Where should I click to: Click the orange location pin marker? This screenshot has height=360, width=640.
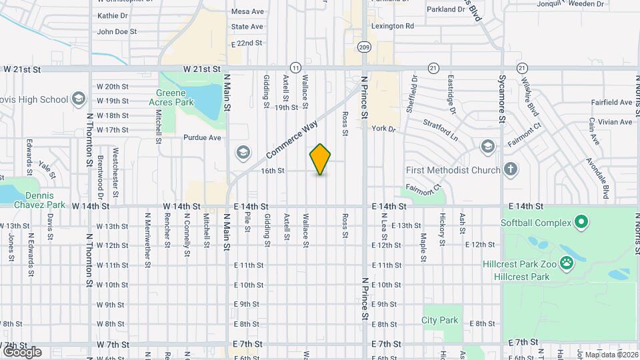[x=321, y=159]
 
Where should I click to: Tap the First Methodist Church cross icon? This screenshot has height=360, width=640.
[x=511, y=170]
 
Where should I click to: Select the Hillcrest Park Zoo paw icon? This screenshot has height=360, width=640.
[x=567, y=263]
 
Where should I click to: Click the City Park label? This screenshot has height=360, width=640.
[x=440, y=320]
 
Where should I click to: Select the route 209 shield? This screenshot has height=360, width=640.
[x=363, y=47]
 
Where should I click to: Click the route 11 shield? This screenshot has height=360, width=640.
[x=295, y=67]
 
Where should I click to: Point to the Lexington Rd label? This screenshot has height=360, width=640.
[x=393, y=26]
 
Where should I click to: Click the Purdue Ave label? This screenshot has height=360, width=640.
[x=202, y=138]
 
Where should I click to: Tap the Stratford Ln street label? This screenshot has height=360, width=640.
[x=441, y=129]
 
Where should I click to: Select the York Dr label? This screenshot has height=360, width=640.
[x=384, y=128]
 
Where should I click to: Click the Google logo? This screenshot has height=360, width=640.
[x=23, y=351]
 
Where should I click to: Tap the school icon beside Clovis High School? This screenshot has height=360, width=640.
[x=79, y=99]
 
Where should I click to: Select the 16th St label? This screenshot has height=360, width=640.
[x=273, y=171]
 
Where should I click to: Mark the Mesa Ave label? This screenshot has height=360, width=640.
[x=247, y=11]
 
